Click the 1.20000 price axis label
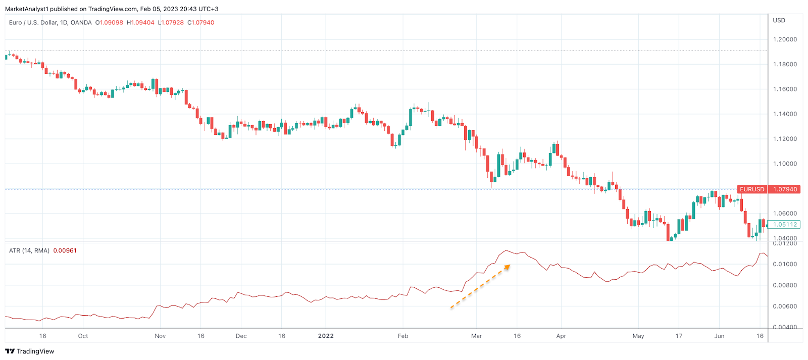click(785, 39)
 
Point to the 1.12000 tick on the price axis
click(785, 139)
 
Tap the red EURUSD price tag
click(752, 189)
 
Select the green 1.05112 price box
click(785, 225)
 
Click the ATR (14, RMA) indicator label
click(29, 250)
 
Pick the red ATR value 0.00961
click(65, 250)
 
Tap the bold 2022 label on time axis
click(326, 336)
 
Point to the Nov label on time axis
click(160, 336)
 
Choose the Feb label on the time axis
click(403, 336)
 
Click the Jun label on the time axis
click(719, 336)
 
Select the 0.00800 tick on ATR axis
click(785, 285)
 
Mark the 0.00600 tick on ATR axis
click(785, 306)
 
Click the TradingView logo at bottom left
click(30, 351)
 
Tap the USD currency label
click(779, 20)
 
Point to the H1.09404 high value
click(140, 23)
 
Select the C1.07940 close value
click(200, 23)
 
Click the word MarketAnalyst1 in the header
click(26, 9)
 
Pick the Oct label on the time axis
click(83, 336)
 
